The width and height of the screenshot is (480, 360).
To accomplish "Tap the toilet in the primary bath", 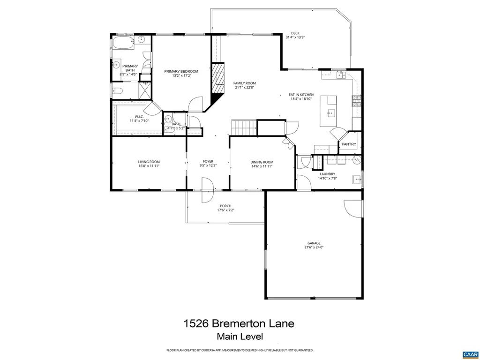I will [x=118, y=91].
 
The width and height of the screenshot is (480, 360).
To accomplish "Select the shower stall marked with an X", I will [x=145, y=90].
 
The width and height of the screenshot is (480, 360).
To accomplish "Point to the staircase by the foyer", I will [x=244, y=127].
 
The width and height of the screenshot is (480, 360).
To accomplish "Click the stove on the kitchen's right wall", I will [x=357, y=101].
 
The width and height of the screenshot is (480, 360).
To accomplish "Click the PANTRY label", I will [x=349, y=144].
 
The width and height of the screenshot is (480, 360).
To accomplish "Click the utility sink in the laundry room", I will [x=357, y=179].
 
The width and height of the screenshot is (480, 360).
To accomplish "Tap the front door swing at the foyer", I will [x=206, y=190].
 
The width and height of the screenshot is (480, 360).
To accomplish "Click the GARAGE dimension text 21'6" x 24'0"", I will [x=314, y=247].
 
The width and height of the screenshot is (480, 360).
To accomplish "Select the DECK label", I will [x=295, y=33].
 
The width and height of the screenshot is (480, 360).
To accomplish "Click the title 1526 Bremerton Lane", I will [x=239, y=323].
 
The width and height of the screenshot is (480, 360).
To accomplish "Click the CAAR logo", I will [x=469, y=354].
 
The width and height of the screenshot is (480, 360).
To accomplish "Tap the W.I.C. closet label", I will [x=139, y=117].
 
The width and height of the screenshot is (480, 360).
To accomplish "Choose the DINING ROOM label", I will [x=262, y=162].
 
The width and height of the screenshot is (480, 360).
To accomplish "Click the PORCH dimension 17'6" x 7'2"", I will [x=225, y=210].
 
